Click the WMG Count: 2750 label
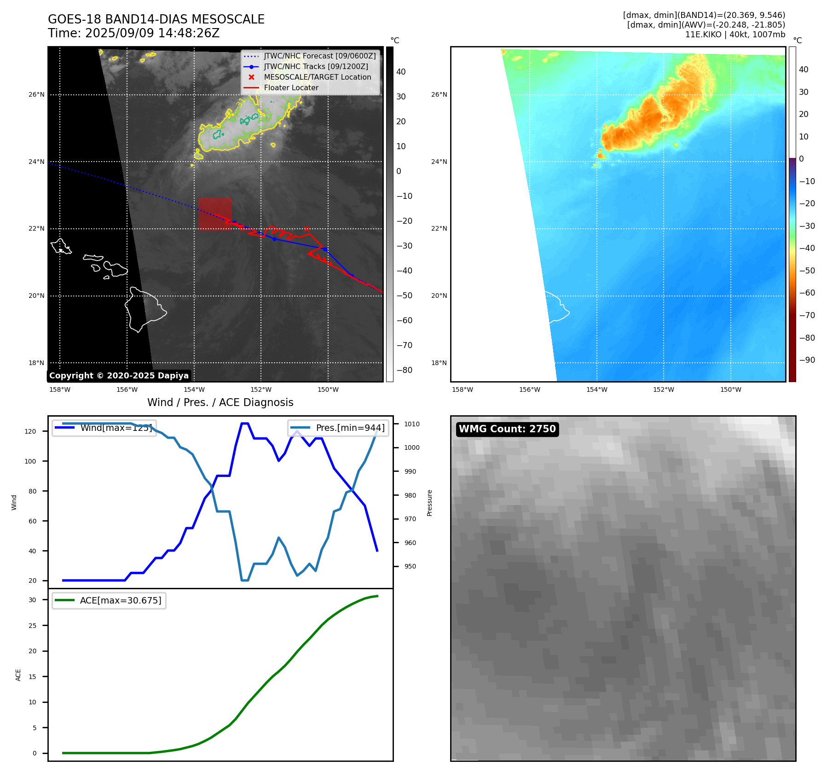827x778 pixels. [507, 429]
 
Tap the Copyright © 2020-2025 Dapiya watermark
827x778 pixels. [119, 376]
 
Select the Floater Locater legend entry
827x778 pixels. [291, 88]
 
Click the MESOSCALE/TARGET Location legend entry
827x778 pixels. [317, 77]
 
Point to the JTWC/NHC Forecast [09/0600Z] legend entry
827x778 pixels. [319, 56]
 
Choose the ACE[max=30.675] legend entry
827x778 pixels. [121, 601]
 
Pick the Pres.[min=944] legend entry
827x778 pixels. [350, 428]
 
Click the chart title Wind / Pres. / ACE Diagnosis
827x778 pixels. [220, 402]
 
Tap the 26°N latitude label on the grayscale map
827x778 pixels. [37, 95]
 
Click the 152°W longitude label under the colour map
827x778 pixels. [664, 390]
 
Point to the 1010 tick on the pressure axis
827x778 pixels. [412, 424]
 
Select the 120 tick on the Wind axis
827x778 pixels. [30, 432]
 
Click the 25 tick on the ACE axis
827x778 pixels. [32, 626]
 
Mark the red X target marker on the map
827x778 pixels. [307, 229]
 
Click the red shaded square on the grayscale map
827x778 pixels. [215, 214]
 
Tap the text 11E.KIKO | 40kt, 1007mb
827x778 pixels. [735, 35]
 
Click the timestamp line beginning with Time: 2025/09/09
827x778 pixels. [133, 34]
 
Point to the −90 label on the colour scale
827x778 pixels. [807, 360]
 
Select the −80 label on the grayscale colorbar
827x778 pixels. [405, 370]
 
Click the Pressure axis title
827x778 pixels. [430, 503]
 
